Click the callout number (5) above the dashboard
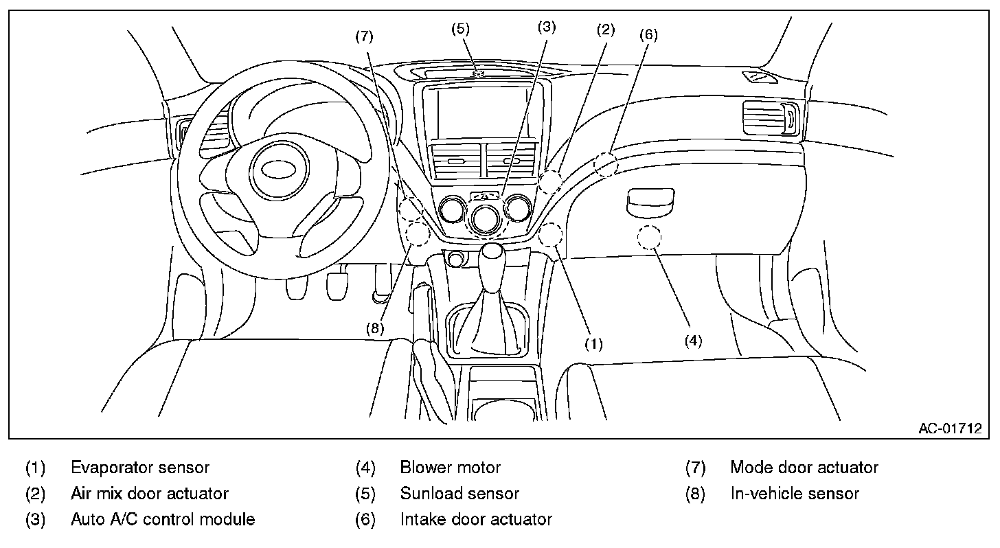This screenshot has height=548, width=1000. point(460,29)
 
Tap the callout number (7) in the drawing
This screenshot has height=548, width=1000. point(364,36)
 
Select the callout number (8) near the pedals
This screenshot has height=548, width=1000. point(375,328)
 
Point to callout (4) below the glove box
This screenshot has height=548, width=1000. point(693,341)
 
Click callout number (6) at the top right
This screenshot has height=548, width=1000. point(648,34)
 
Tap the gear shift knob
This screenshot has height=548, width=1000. point(492,252)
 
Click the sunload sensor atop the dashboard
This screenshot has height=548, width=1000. point(479,73)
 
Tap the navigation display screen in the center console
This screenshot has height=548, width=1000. point(482,113)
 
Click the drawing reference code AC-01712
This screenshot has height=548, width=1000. point(950,429)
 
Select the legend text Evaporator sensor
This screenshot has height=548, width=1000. point(140,468)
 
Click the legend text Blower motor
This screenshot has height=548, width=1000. point(451,468)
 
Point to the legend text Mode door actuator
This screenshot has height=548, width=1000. point(804,468)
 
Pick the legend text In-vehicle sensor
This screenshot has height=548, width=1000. point(795,494)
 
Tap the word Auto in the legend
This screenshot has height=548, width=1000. point(87,519)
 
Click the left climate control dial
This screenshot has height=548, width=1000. point(452,209)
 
